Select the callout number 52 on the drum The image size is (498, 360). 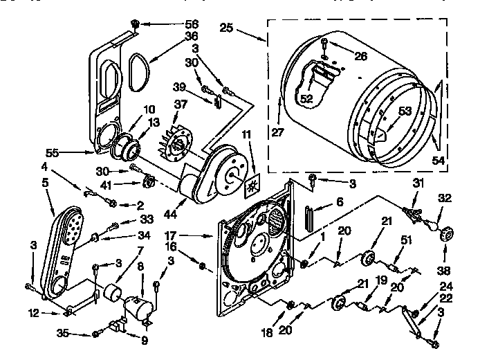click(x=306, y=99)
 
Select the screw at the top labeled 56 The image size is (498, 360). click(x=135, y=24)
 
